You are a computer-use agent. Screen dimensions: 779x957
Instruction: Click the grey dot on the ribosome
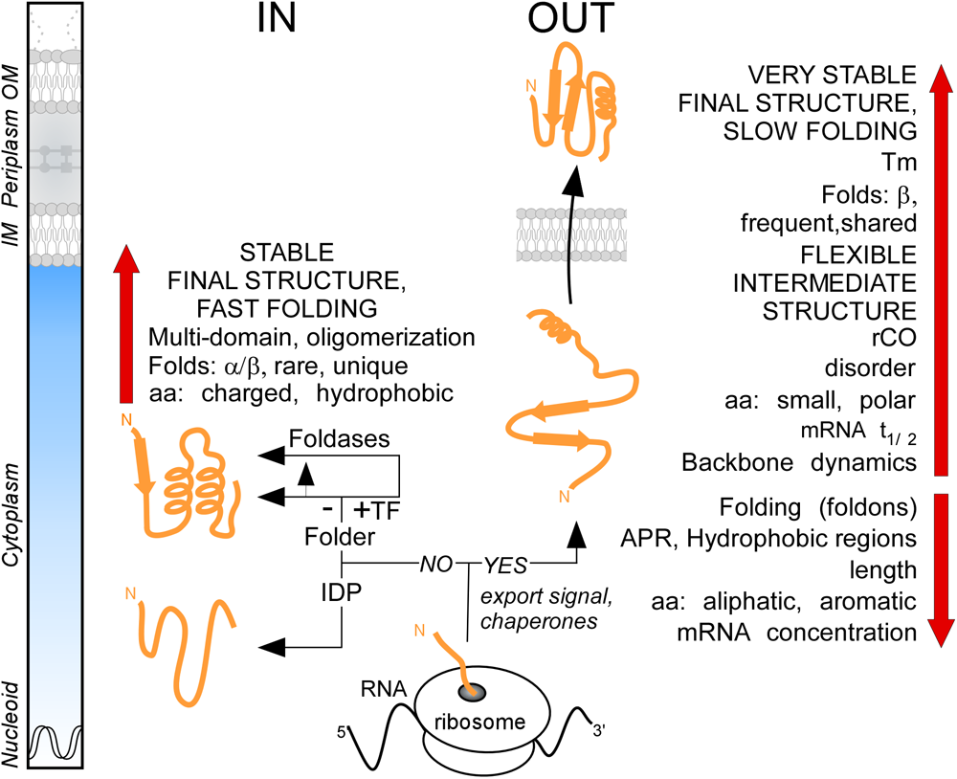coord(469,690)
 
